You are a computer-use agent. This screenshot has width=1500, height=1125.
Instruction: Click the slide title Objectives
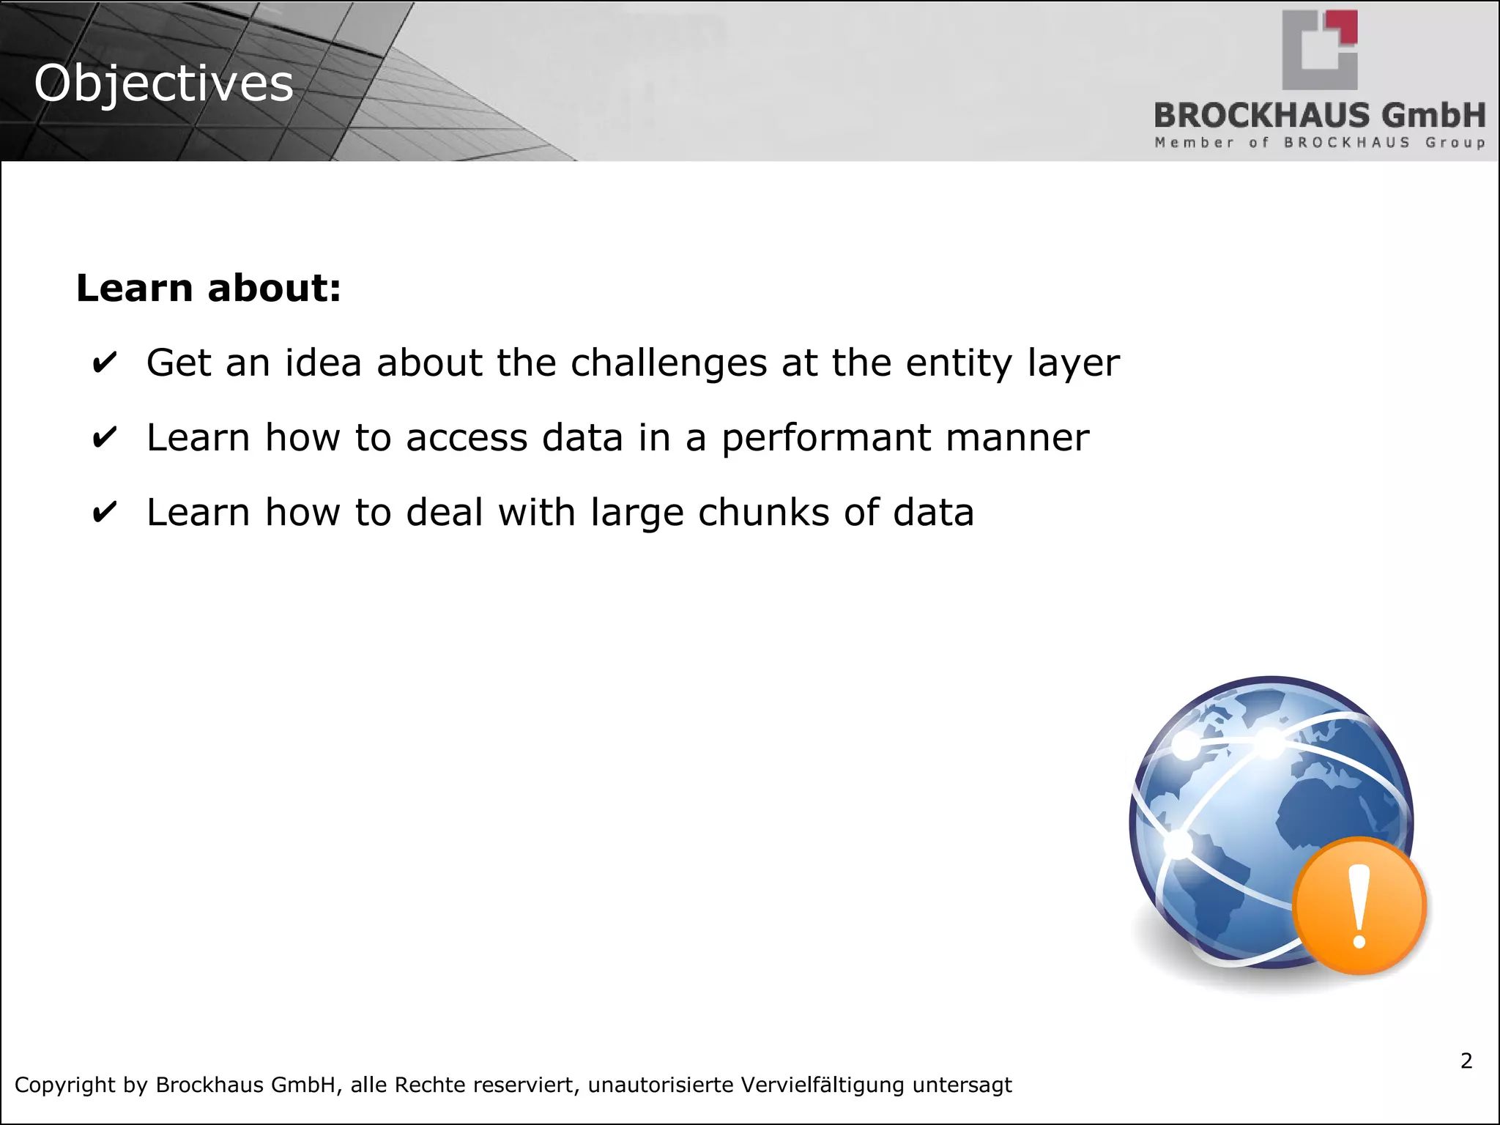[163, 83]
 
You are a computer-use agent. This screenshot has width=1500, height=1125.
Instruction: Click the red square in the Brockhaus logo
[1346, 28]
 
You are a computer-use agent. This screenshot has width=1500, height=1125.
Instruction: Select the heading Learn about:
[209, 288]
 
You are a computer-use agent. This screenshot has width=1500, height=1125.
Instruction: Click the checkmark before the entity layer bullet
[104, 363]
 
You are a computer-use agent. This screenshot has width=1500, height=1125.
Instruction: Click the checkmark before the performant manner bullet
[104, 438]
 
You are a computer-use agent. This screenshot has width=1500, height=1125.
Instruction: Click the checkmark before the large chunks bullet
[104, 513]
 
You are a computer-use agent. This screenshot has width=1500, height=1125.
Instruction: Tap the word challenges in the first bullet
[668, 363]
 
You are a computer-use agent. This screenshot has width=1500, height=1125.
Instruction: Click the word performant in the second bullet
[825, 439]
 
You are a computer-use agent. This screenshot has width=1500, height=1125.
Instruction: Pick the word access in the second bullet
[466, 438]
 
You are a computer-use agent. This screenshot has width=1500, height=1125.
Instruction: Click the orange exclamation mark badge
[1359, 906]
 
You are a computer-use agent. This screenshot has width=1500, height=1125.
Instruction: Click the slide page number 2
[1466, 1061]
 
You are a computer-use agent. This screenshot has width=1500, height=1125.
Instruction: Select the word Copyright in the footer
[64, 1085]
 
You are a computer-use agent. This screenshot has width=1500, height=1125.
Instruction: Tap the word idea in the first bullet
[323, 363]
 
